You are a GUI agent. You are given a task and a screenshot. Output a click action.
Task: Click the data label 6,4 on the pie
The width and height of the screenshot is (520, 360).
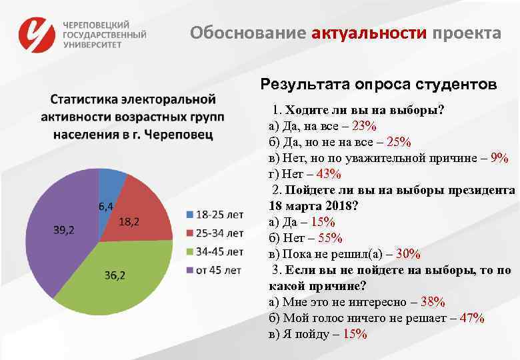pos(106,205)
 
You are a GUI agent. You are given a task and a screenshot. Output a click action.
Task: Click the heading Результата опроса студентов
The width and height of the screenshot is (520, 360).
pos(378,85)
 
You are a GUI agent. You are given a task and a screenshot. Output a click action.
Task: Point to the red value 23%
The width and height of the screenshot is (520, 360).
pos(365,126)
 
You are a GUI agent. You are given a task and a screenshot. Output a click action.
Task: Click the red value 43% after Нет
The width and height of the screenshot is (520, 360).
pos(329,174)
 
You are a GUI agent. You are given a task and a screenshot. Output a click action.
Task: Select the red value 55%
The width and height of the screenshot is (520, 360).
pos(330,238)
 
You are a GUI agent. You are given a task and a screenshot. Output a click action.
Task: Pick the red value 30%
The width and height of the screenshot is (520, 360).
pos(407,254)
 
